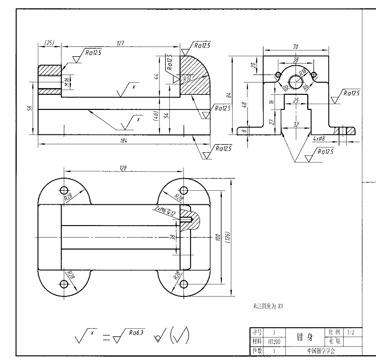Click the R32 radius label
tap(187, 79)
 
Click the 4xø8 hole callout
tap(319, 139)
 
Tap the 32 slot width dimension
tap(296, 125)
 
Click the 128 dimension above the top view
tap(123, 168)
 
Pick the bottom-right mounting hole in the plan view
tap(182, 284)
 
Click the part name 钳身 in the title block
tap(303, 337)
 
